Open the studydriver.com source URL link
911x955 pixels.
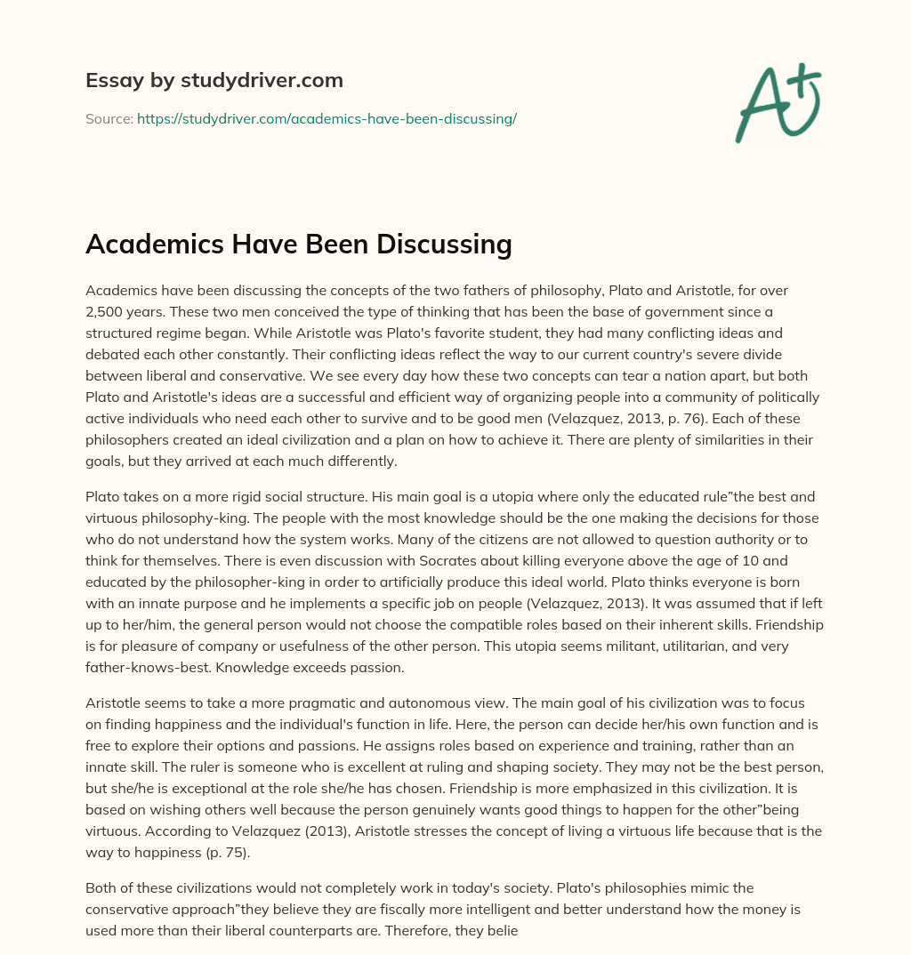coord(327,118)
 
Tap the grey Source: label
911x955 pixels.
coord(109,118)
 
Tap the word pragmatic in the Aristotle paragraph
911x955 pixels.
coord(335,702)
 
